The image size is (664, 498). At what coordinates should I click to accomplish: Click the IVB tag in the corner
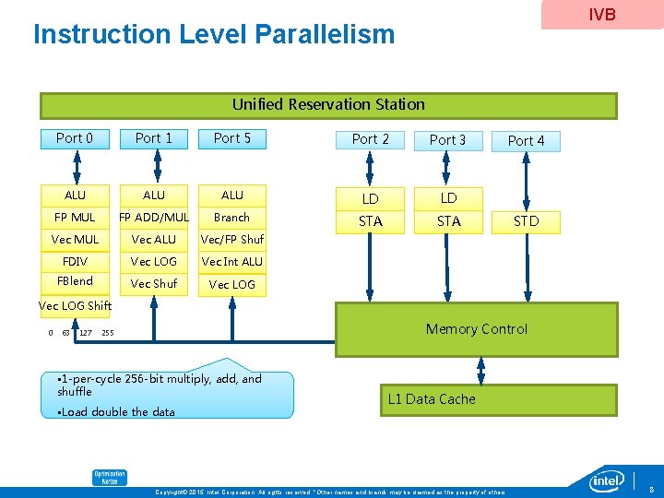click(601, 15)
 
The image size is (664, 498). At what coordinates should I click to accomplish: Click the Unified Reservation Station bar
click(328, 105)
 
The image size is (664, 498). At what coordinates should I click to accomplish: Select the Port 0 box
click(75, 138)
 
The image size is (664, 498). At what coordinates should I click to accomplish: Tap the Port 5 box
click(232, 138)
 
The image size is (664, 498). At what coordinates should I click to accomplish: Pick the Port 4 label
click(527, 140)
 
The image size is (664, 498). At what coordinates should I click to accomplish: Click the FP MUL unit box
click(75, 218)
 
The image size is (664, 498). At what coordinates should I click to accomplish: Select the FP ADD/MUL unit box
click(154, 218)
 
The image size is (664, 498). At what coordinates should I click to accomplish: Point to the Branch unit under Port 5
click(232, 218)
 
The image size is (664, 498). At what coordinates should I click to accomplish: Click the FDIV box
click(75, 262)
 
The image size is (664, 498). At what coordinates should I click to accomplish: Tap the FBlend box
click(75, 281)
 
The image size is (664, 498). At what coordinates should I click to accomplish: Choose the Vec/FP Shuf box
click(232, 240)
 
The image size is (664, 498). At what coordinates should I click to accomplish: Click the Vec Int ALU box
click(232, 262)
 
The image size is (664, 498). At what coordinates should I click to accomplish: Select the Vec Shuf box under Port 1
click(154, 284)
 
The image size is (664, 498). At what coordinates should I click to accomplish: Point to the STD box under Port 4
click(527, 221)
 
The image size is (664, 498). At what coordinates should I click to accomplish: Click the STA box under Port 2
click(371, 221)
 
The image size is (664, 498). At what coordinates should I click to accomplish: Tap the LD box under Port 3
click(448, 198)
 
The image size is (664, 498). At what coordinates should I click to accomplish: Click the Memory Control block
click(476, 329)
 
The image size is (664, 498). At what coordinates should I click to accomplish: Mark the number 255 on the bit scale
click(108, 333)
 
